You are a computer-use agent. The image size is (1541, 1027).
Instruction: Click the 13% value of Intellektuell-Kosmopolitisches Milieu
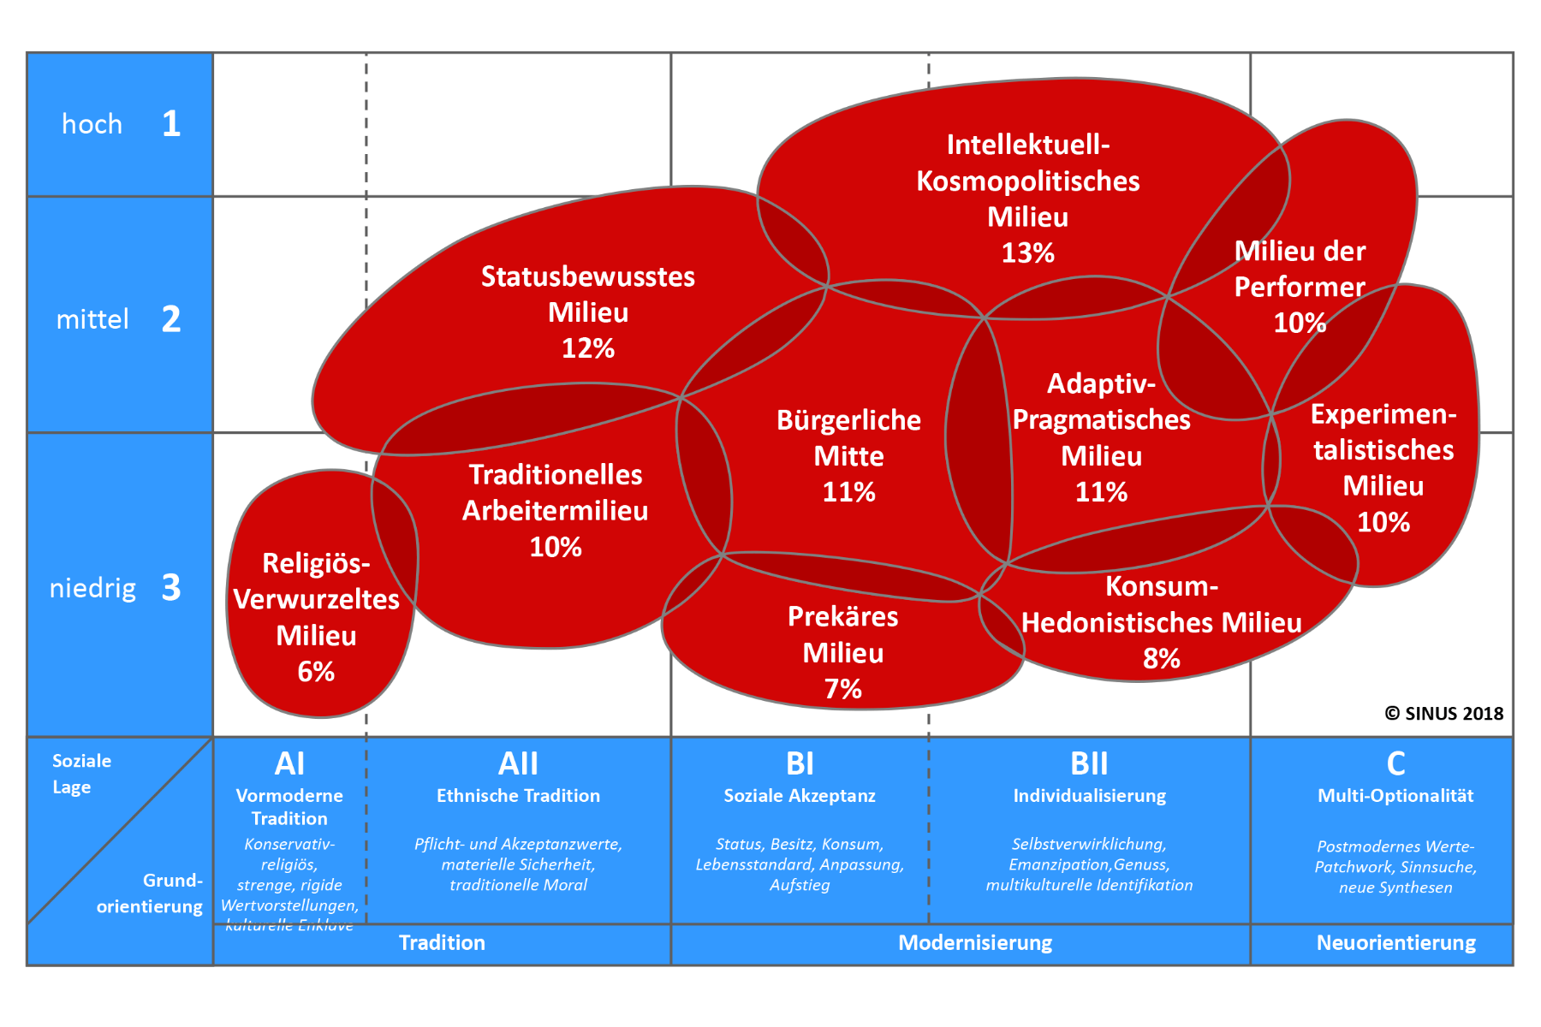(x=1027, y=253)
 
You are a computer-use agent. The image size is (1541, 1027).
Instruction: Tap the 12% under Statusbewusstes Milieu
(x=588, y=348)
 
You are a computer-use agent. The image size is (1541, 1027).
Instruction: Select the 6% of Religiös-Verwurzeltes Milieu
(x=316, y=672)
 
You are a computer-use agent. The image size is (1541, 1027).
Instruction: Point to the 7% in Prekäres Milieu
(x=842, y=689)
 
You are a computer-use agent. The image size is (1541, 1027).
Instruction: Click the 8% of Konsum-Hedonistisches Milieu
(x=1161, y=659)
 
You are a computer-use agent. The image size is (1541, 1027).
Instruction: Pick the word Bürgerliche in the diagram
(x=848, y=420)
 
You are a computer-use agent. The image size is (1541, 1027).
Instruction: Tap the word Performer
(x=1299, y=287)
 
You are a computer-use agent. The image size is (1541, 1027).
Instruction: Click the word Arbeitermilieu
(x=555, y=511)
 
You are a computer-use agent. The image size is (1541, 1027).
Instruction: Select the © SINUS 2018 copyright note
(x=1443, y=713)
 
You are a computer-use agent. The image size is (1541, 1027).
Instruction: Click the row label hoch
(x=92, y=125)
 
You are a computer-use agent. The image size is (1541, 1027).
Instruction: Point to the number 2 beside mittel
(x=171, y=319)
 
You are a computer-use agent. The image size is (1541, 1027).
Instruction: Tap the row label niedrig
(x=92, y=589)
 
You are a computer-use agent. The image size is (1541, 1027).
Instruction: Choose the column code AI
(x=289, y=763)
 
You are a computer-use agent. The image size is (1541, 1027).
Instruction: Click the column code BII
(x=1089, y=763)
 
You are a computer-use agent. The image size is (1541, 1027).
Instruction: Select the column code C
(x=1395, y=763)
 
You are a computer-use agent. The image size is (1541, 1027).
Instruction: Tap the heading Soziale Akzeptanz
(x=800, y=796)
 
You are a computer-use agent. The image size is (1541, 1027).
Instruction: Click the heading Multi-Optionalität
(x=1395, y=796)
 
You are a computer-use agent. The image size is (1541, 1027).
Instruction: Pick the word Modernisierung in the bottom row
(x=975, y=942)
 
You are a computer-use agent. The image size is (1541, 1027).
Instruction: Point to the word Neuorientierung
(x=1395, y=942)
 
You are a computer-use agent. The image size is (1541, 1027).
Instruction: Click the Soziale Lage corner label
(x=81, y=774)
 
